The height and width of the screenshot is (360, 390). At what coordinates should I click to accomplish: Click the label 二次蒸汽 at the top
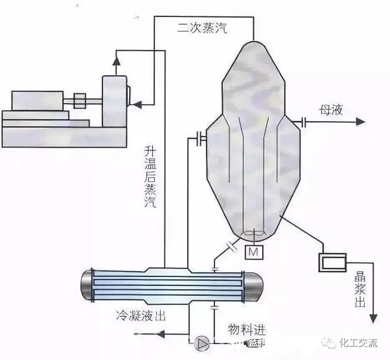[x=202, y=29]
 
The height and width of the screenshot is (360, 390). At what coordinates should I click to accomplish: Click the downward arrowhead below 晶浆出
[x=372, y=319]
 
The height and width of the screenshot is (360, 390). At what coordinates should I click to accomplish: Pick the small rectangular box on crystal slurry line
[x=332, y=262]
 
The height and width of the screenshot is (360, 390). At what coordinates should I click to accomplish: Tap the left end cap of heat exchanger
[x=86, y=284]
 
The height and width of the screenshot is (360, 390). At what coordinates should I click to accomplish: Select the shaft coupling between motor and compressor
[x=79, y=101]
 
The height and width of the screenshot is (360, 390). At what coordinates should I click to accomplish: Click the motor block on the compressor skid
[x=37, y=101]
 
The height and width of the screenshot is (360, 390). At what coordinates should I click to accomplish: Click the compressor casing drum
[x=114, y=101]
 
